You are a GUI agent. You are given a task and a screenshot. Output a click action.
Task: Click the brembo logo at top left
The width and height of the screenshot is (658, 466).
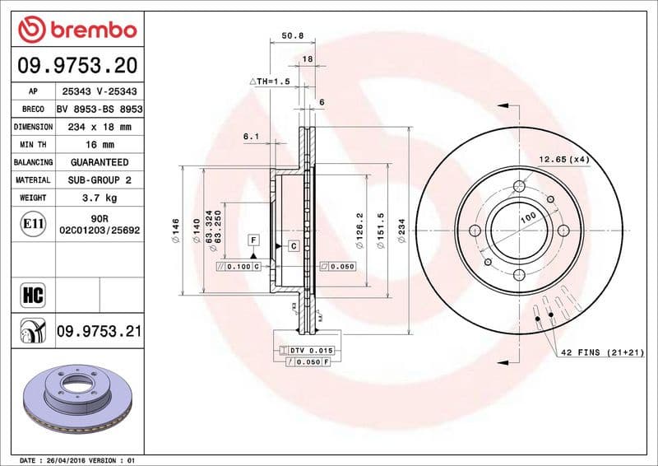click(x=76, y=31)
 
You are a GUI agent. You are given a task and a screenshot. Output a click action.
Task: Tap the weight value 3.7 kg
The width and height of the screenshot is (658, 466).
click(x=100, y=198)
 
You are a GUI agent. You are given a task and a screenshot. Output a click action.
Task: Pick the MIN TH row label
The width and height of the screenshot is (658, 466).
click(x=33, y=145)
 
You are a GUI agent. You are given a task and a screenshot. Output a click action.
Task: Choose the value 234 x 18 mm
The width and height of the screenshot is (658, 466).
click(x=100, y=127)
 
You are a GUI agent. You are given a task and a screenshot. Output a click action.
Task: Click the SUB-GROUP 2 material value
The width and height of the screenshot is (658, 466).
click(x=100, y=179)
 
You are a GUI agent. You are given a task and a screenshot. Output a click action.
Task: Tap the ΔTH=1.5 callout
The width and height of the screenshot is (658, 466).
click(x=270, y=82)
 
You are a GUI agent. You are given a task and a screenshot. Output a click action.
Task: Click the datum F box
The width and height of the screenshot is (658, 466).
click(x=254, y=240)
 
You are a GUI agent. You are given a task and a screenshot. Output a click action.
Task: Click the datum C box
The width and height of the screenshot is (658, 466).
click(x=292, y=246)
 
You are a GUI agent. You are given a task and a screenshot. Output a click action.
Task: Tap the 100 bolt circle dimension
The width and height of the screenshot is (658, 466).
click(x=526, y=216)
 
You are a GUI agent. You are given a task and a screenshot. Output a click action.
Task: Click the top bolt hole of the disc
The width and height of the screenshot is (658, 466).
click(x=517, y=185)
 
